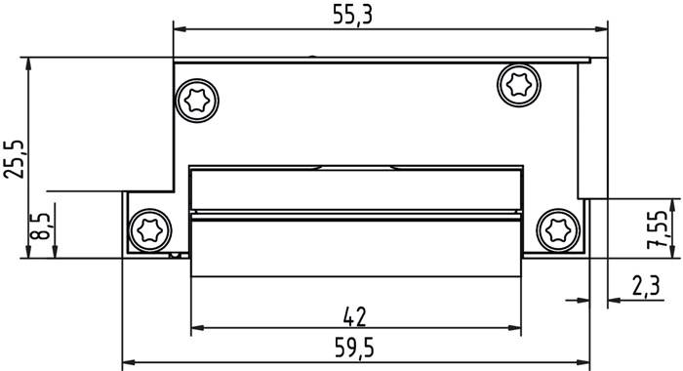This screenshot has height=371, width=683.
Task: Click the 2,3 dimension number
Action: pyautogui.click(x=645, y=286)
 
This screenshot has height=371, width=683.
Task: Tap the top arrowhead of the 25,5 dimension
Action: pyautogui.click(x=29, y=62)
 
